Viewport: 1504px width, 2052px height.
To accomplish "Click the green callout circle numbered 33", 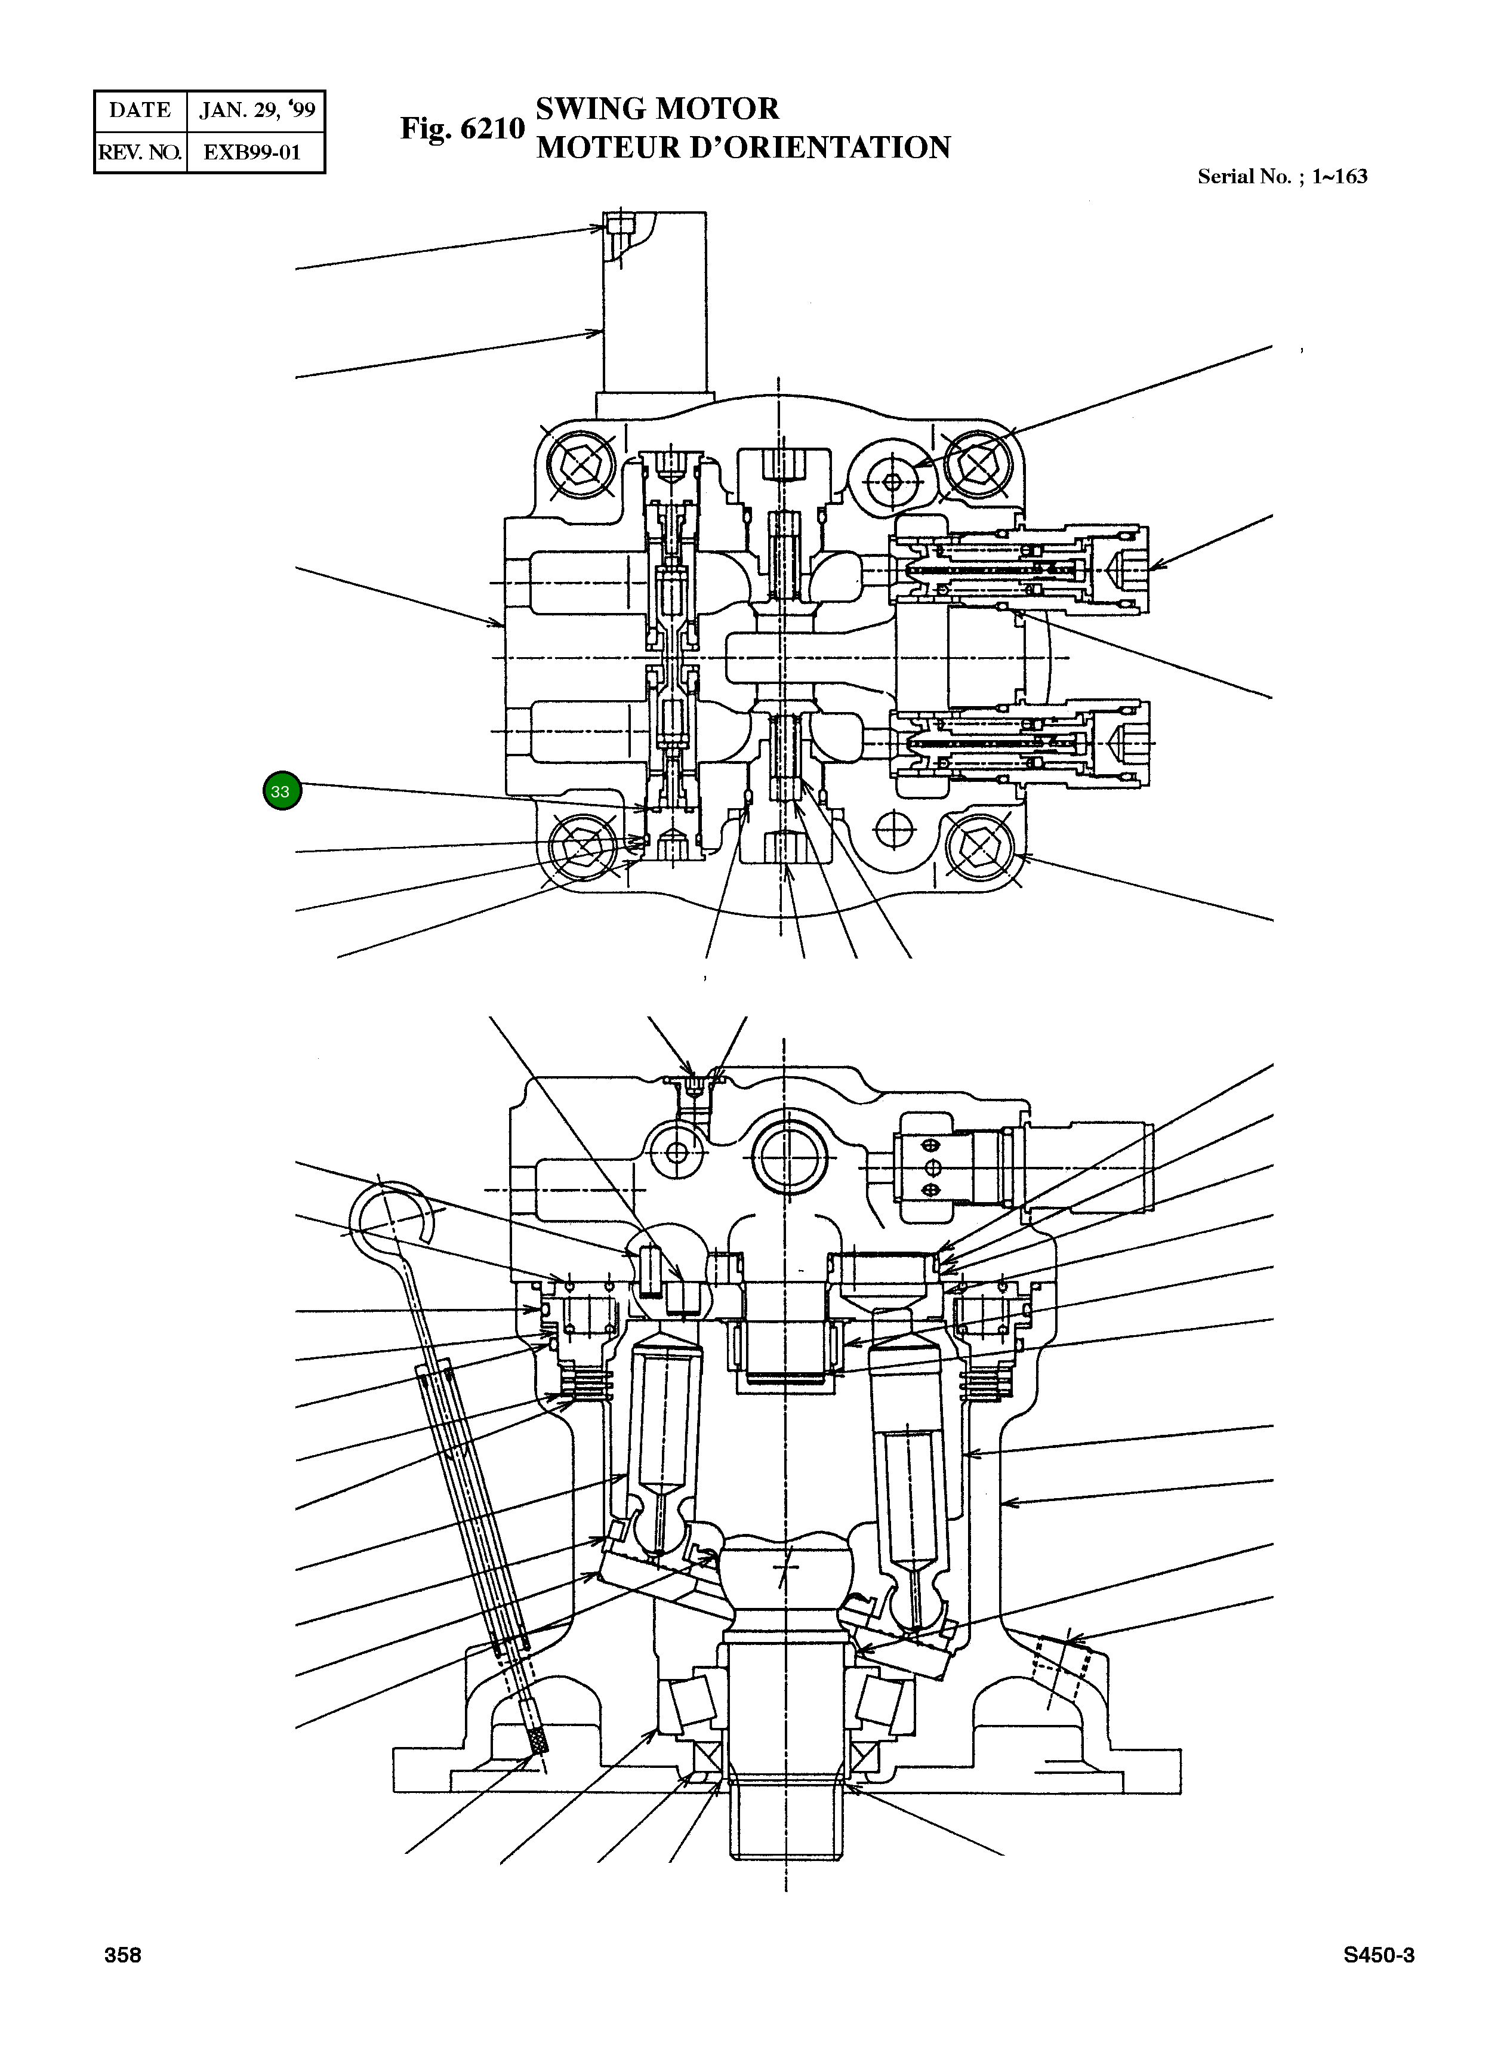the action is tap(281, 791).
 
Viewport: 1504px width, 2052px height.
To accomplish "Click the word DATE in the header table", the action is tap(140, 110).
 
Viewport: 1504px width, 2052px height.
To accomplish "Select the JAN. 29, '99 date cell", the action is tap(257, 110).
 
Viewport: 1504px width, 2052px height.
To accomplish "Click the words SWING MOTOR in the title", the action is tap(657, 109).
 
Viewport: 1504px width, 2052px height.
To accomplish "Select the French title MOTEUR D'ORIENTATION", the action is tap(743, 147).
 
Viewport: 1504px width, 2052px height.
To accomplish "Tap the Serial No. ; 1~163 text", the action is tap(1282, 177).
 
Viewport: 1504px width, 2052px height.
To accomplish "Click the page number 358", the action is tap(123, 1955).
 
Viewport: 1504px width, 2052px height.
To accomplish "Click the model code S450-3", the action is tap(1378, 1955).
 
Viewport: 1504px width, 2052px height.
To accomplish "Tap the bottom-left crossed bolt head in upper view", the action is tap(581, 848).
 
